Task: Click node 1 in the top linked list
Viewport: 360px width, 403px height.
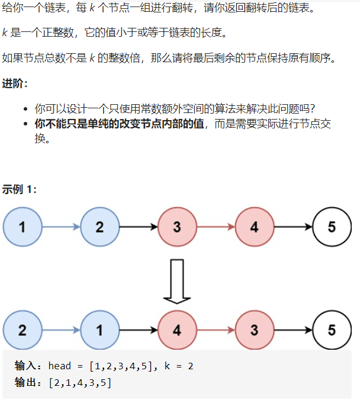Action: (22, 227)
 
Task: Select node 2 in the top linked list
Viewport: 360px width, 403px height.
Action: (99, 227)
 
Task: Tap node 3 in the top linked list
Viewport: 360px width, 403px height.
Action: (177, 227)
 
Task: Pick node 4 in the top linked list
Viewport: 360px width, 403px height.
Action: (254, 227)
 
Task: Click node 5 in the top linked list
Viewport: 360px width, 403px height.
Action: (332, 227)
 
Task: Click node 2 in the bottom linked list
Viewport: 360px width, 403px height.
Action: (22, 330)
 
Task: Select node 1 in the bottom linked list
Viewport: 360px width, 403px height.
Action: (99, 330)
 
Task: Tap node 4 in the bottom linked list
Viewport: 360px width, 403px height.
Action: (177, 330)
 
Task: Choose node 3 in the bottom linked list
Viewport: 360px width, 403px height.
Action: (254, 330)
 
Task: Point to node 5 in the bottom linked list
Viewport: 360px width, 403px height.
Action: (332, 330)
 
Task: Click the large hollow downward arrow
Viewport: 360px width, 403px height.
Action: (177, 281)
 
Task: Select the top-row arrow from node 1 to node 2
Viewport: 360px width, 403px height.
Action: (61, 227)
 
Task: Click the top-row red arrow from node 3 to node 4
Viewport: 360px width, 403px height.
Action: (216, 227)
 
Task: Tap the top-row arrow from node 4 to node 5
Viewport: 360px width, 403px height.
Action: (292, 227)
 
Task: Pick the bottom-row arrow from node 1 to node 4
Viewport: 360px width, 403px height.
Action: (138, 330)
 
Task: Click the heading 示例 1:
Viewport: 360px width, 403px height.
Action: (19, 189)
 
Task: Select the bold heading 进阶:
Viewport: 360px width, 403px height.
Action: (15, 83)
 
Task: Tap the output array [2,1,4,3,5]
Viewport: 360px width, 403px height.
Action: (81, 383)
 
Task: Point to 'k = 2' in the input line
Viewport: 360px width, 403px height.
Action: (177, 366)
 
